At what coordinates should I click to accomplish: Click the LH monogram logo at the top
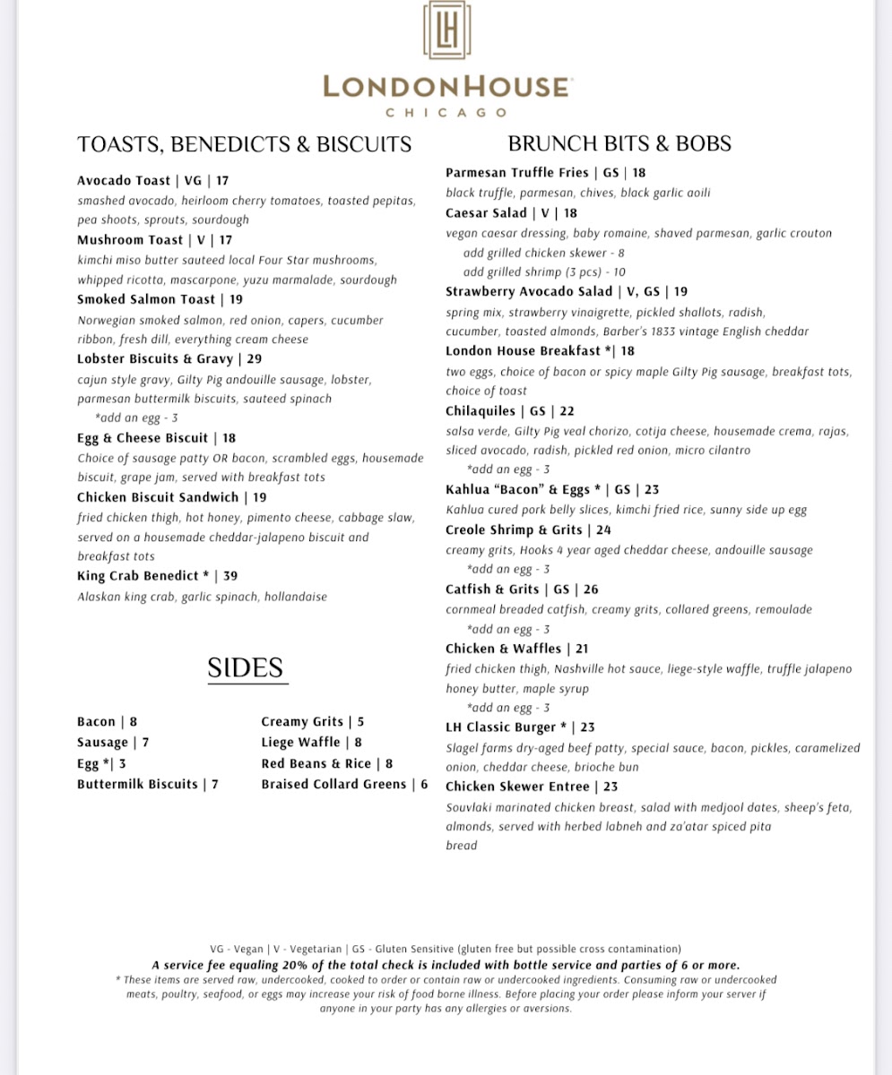pyautogui.click(x=446, y=30)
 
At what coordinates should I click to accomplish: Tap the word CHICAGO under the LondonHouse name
pyautogui.click(x=446, y=113)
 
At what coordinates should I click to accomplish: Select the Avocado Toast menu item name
pyautogui.click(x=124, y=180)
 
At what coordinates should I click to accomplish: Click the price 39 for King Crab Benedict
pyautogui.click(x=230, y=576)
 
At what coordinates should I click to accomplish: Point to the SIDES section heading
pyautogui.click(x=246, y=668)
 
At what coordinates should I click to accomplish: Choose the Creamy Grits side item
pyautogui.click(x=302, y=721)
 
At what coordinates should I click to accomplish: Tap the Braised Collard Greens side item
pyautogui.click(x=333, y=784)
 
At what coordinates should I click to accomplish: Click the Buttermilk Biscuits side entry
pyautogui.click(x=137, y=784)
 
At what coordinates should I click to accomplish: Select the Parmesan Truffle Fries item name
pyautogui.click(x=517, y=172)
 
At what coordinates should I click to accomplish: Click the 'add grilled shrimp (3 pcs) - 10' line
pyautogui.click(x=544, y=272)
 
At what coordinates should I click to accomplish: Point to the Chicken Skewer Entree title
pyautogui.click(x=517, y=787)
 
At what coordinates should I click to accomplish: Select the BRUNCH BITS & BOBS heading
pyautogui.click(x=619, y=143)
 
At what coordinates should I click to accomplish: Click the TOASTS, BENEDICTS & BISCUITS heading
pyautogui.click(x=245, y=144)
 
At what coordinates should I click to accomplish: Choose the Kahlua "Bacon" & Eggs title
pyautogui.click(x=517, y=489)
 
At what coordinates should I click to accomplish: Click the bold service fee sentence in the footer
pyautogui.click(x=446, y=965)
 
